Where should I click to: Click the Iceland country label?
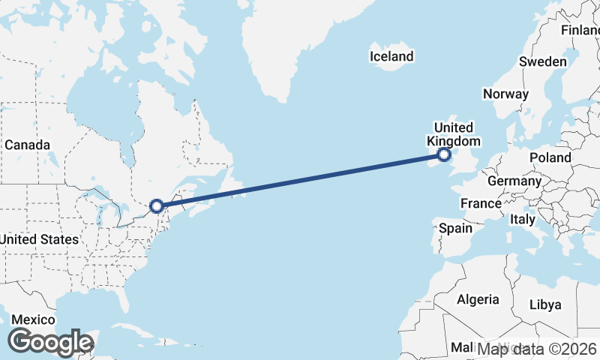point(391,56)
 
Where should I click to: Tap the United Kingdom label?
point(454,133)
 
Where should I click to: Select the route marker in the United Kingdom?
point(444,154)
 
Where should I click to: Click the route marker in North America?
point(156,205)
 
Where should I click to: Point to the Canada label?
point(27,144)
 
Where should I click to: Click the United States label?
point(39,239)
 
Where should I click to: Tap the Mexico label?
point(33,319)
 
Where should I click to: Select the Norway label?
point(505,94)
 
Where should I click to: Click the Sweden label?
point(542,61)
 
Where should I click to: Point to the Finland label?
point(582,31)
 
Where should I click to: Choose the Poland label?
point(550,157)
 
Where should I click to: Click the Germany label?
point(514,181)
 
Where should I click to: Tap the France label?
point(481,203)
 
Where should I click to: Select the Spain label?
point(455,228)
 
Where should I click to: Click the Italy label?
point(522,219)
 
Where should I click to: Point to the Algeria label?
point(478,299)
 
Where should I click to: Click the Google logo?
point(50,342)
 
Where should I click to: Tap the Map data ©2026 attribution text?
point(537,349)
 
